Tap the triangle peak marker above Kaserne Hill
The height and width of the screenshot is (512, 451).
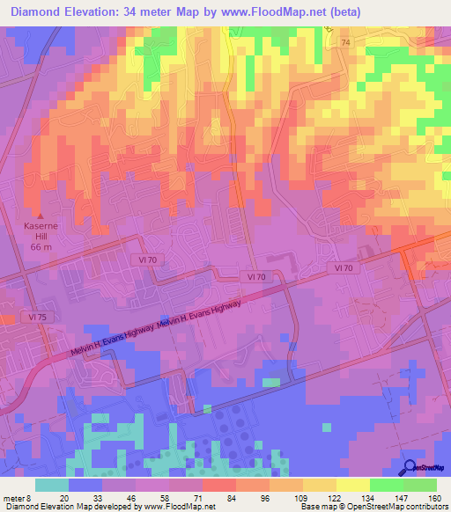click(x=39, y=214)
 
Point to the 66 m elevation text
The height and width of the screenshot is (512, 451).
click(x=39, y=247)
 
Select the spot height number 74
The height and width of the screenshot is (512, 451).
click(x=345, y=42)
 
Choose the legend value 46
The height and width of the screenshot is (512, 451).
click(x=132, y=497)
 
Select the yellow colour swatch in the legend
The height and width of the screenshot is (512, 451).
click(x=352, y=485)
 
